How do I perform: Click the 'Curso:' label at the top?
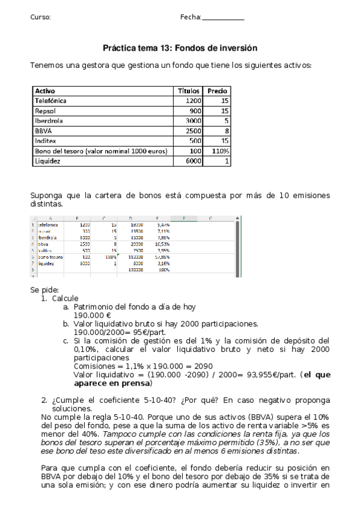(x=40, y=17)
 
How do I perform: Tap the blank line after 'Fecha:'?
(x=223, y=18)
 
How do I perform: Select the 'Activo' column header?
(x=46, y=91)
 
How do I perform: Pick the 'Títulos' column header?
(x=190, y=91)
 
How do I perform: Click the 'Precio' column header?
(x=218, y=91)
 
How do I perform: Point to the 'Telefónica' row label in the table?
(x=51, y=101)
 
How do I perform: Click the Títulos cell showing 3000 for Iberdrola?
(x=193, y=120)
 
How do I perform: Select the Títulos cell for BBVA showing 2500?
(x=193, y=131)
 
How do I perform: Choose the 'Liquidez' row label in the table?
(x=49, y=161)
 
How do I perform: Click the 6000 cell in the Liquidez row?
(x=193, y=161)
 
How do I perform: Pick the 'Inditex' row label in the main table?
(x=46, y=141)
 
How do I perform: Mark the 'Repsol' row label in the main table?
(x=46, y=111)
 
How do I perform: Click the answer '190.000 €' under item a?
(x=92, y=315)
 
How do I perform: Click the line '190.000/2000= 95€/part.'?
(x=120, y=331)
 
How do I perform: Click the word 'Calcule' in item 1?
(x=65, y=298)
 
